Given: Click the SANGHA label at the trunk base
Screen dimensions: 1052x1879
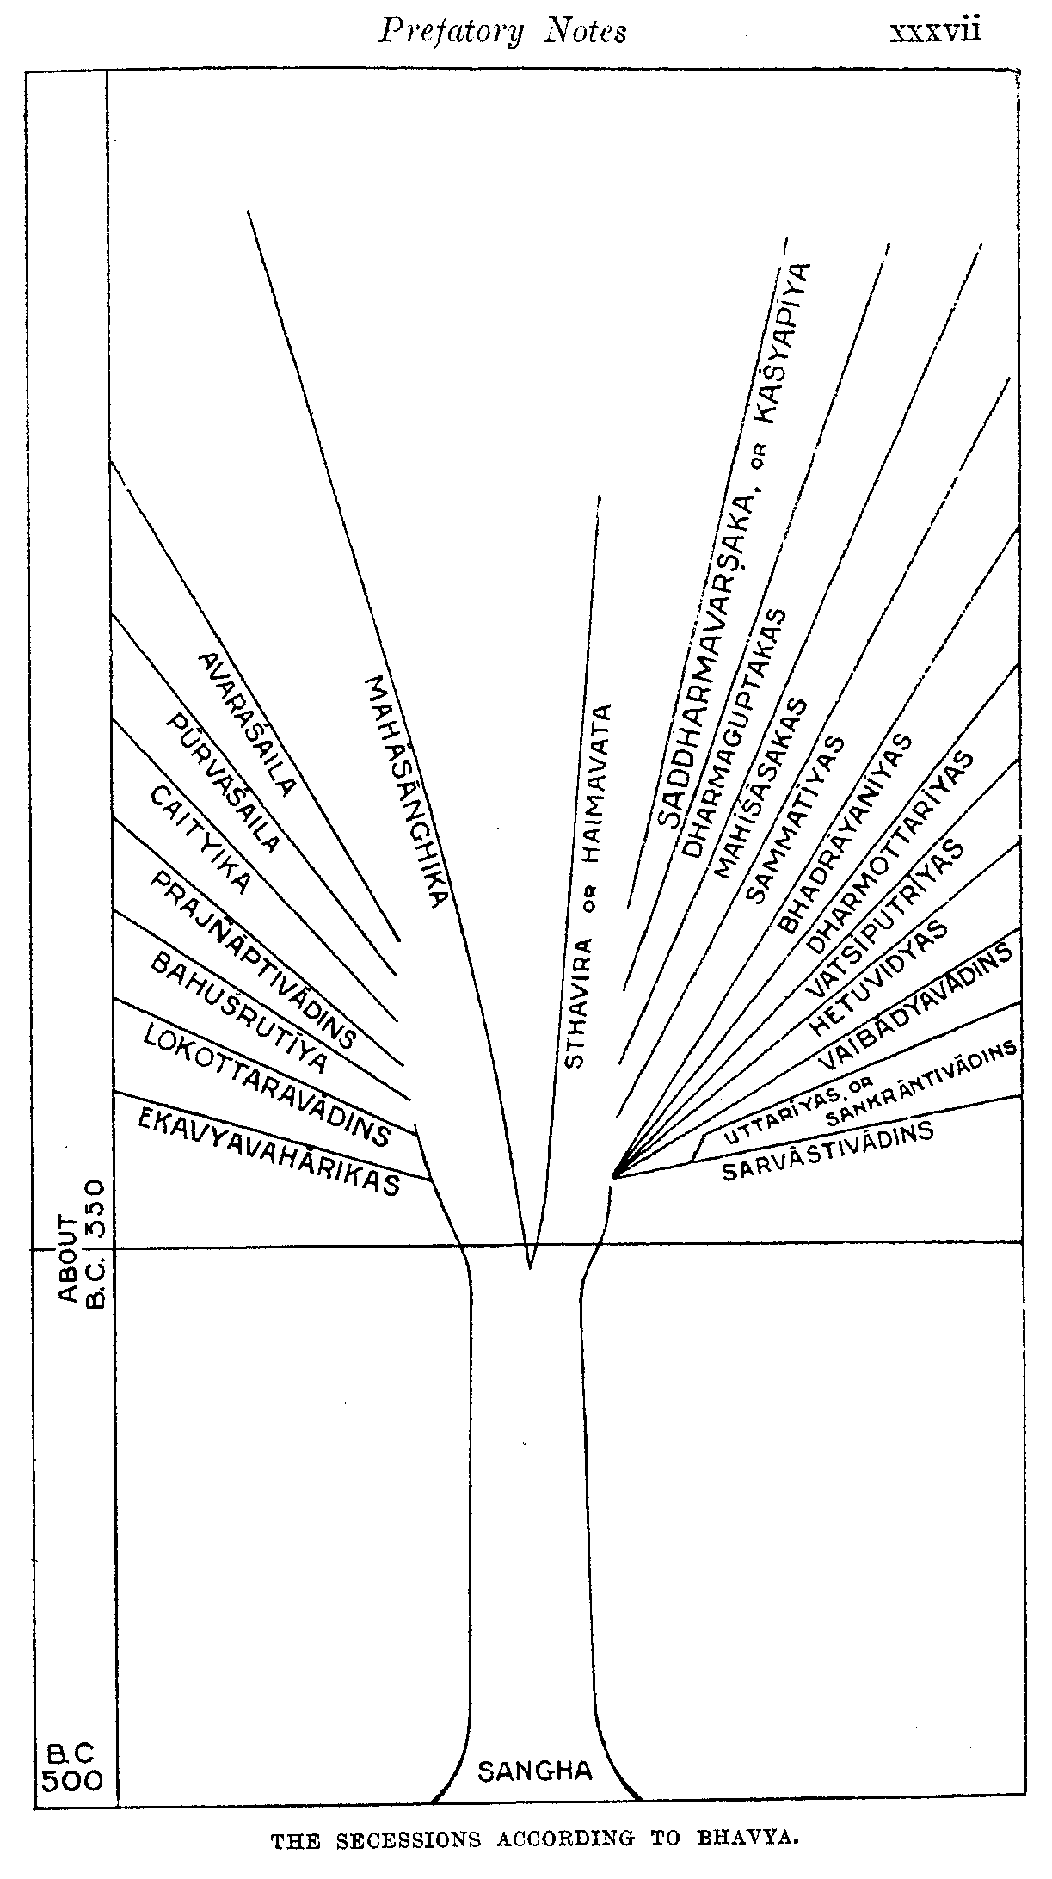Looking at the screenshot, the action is click(535, 1771).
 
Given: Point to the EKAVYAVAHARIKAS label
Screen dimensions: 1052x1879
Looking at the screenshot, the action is click(269, 1151).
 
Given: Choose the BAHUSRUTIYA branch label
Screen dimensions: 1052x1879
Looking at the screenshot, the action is click(238, 1013).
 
